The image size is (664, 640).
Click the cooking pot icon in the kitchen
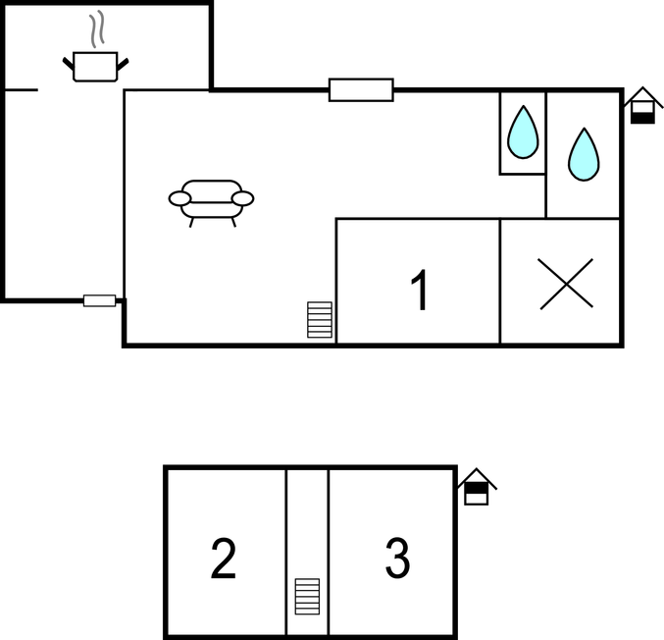click(x=95, y=67)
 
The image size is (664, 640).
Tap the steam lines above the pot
click(x=97, y=28)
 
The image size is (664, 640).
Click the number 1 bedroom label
click(x=420, y=290)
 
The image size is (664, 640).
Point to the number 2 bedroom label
click(x=224, y=558)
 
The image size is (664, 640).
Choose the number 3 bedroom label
click(x=397, y=558)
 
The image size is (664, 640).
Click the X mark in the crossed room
click(x=566, y=284)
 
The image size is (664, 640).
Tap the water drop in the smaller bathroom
click(x=523, y=133)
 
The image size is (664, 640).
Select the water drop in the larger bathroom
click(x=584, y=154)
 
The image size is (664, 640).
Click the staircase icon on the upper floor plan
click(x=320, y=320)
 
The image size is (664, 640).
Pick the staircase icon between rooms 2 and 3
click(x=307, y=597)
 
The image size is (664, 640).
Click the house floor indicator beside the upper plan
click(x=642, y=105)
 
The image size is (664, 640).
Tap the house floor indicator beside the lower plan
click(x=477, y=487)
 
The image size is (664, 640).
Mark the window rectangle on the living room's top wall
click(x=361, y=90)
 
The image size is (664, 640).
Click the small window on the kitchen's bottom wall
click(x=99, y=300)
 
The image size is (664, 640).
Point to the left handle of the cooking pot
click(x=69, y=63)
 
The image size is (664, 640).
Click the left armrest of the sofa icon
click(x=179, y=198)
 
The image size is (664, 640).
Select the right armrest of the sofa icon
click(x=242, y=198)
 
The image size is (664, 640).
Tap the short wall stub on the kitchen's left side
click(x=22, y=90)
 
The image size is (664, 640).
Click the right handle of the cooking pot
click(x=123, y=65)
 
